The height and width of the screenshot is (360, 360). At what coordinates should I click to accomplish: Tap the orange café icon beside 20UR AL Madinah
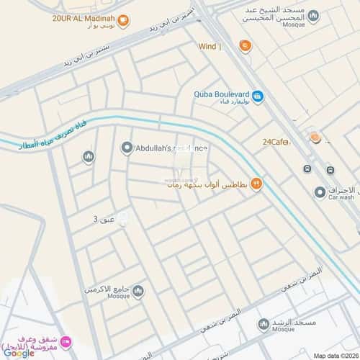click(123, 21)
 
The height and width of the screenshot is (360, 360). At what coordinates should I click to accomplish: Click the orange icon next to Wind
click(246, 47)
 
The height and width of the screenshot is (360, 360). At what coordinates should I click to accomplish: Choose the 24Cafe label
click(276, 142)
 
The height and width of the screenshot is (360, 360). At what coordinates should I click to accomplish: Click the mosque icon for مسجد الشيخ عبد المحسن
click(312, 15)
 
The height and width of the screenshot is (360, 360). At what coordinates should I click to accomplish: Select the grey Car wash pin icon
click(320, 192)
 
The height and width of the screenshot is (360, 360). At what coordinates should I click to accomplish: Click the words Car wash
click(341, 197)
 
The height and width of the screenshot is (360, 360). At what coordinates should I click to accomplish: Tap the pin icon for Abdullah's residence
click(127, 148)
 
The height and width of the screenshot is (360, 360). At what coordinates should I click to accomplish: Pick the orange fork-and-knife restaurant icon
click(257, 184)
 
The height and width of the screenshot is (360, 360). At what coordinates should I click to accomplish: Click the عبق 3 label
click(104, 218)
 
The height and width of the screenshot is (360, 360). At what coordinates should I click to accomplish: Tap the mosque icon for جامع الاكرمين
click(138, 291)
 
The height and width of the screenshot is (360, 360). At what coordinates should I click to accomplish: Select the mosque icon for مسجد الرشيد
click(264, 325)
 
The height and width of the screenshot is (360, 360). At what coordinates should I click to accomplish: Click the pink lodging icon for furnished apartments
click(66, 341)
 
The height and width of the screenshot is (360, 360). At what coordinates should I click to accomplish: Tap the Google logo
click(19, 353)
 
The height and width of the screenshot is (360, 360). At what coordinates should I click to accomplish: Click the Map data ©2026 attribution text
click(336, 355)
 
